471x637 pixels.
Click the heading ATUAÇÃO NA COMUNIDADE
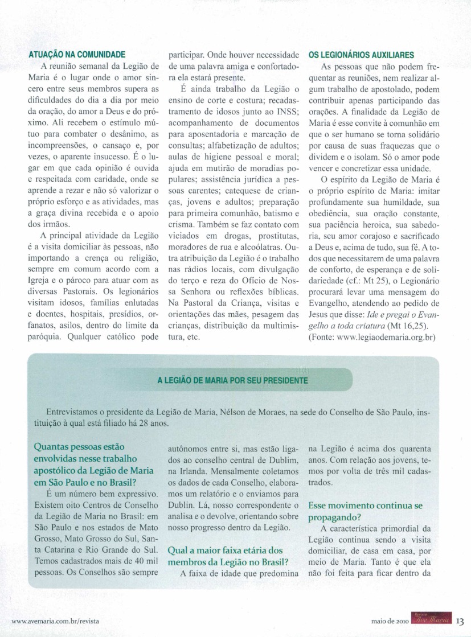tap(76, 55)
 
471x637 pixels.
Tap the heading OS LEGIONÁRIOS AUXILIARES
tap(361, 55)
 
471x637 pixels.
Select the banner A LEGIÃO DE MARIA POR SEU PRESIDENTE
tap(232, 380)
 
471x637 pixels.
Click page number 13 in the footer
tap(461, 620)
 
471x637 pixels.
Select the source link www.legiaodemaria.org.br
tap(392, 338)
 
